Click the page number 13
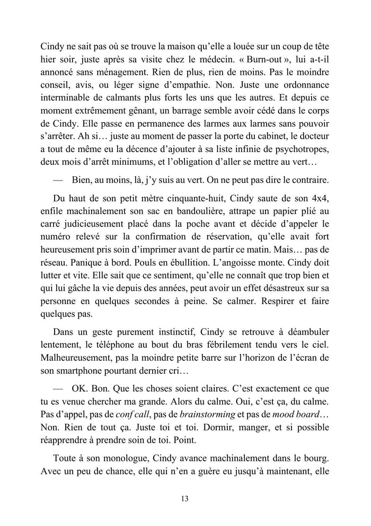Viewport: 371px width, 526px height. [x=185, y=498]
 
